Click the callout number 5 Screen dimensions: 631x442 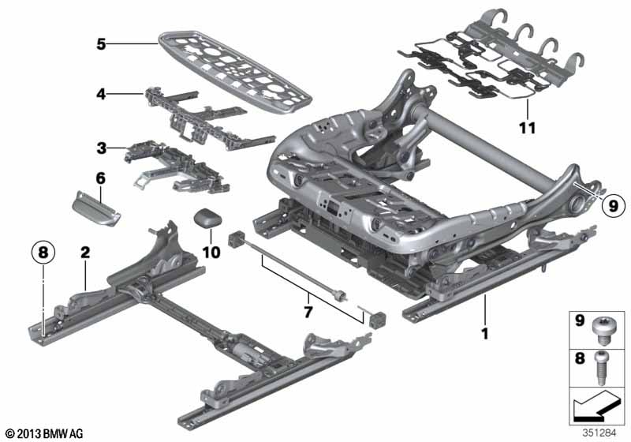[101, 44]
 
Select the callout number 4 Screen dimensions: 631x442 [101, 94]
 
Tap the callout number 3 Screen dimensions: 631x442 [101, 148]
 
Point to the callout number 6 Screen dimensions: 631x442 [100, 178]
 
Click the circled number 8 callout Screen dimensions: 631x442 [43, 253]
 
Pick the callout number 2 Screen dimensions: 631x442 [85, 253]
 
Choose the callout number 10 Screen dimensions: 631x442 [211, 253]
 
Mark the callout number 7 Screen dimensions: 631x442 [308, 311]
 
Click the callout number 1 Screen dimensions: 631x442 [485, 333]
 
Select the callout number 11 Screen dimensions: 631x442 [527, 128]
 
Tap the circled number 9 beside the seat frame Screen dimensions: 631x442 [614, 206]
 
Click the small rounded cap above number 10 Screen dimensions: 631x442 [208, 218]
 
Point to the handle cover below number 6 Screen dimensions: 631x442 [96, 208]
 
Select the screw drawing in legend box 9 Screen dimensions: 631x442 [602, 330]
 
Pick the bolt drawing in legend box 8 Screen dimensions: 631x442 [601, 369]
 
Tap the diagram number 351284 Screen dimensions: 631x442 [599, 433]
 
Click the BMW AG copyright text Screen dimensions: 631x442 [45, 434]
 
